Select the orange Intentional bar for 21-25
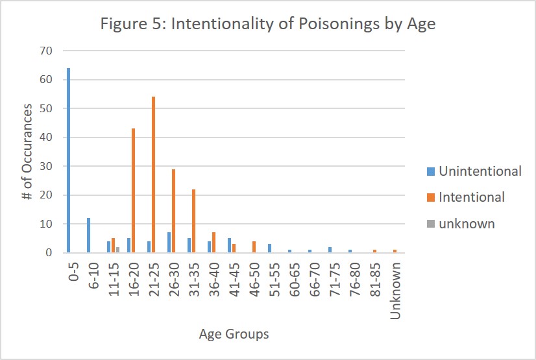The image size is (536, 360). click(x=154, y=174)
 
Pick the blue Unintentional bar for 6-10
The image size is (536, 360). click(x=88, y=235)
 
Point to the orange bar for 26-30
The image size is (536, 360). click(x=174, y=211)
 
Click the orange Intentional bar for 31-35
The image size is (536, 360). click(x=194, y=221)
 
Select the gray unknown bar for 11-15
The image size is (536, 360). click(x=117, y=250)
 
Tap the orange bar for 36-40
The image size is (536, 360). click(x=214, y=243)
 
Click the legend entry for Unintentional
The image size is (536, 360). click(x=480, y=171)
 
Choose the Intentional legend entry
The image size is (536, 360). click(x=471, y=197)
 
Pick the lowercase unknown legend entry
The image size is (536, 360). click(x=467, y=224)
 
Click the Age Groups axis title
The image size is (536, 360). click(x=234, y=335)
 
